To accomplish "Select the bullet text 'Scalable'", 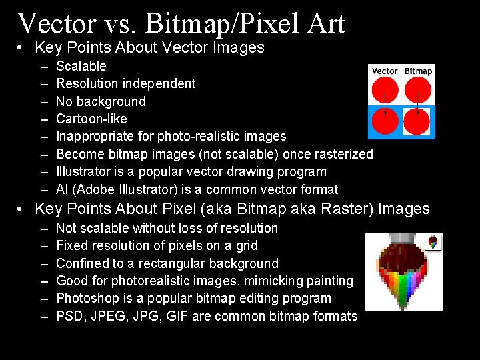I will click(81, 66).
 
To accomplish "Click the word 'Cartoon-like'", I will click(91, 119).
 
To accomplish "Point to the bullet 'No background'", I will click(101, 101).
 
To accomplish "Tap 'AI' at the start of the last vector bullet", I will click(63, 189).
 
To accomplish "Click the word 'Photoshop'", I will click(87, 298).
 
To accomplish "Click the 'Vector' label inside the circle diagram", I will click(385, 71).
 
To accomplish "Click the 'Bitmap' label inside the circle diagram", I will click(419, 71).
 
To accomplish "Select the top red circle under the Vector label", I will click(385, 90).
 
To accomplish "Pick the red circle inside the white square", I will click(417, 122).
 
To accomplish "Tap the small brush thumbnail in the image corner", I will click(435, 242).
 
